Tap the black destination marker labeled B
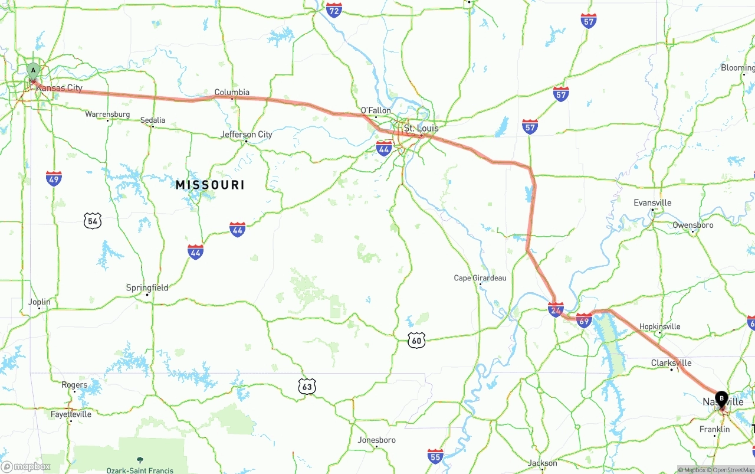click(x=721, y=398)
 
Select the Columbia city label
click(x=232, y=92)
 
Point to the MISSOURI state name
click(x=210, y=185)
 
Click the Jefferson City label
click(x=247, y=135)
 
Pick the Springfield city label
click(x=147, y=287)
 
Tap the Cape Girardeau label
click(x=480, y=278)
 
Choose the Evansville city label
click(x=652, y=203)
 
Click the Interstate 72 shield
click(x=334, y=10)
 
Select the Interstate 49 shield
click(x=54, y=178)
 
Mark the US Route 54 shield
click(x=92, y=221)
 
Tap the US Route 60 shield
click(x=416, y=340)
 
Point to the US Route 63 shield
click(x=306, y=387)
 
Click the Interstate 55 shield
click(x=435, y=456)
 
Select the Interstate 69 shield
click(x=584, y=321)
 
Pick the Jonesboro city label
click(x=377, y=440)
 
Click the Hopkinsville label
click(x=660, y=326)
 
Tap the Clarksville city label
click(x=671, y=363)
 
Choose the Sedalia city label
click(x=153, y=120)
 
